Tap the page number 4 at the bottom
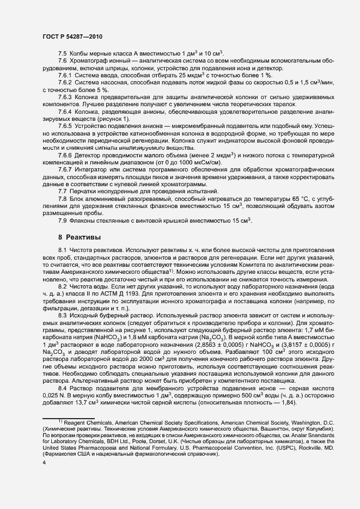(x=44, y=478)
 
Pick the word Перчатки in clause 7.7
(x=86, y=192)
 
